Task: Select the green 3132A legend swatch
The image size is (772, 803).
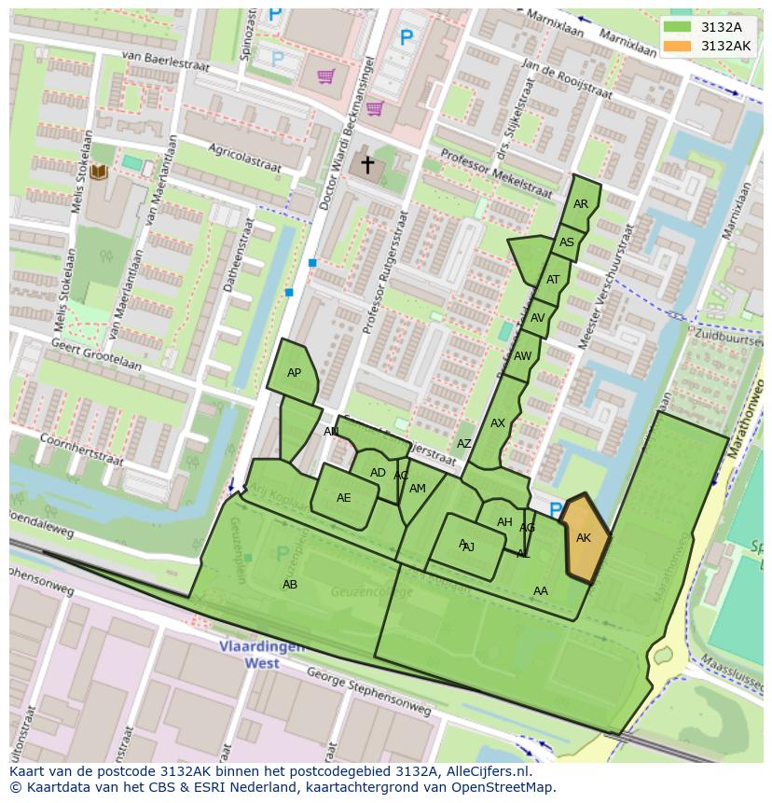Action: (678, 27)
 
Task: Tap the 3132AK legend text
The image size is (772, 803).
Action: (725, 46)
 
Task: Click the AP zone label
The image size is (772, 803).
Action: (294, 373)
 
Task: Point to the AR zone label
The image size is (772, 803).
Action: (581, 204)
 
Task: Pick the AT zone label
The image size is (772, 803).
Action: (553, 280)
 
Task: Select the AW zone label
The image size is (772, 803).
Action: (522, 356)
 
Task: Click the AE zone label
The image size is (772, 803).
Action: (343, 498)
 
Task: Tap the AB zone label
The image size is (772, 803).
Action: (290, 585)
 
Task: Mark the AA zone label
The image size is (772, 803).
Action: (541, 591)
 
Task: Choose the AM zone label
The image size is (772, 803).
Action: (417, 489)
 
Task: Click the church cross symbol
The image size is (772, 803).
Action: (367, 165)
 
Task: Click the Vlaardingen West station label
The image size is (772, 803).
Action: (250, 655)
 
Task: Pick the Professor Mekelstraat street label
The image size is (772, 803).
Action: (496, 173)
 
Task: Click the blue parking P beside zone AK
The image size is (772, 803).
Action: (556, 510)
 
